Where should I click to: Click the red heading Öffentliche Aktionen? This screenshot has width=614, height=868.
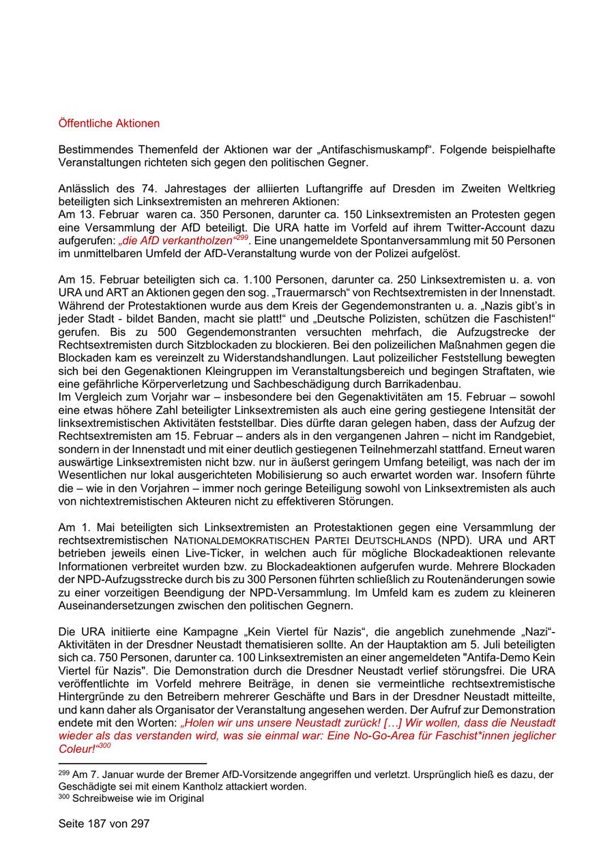click(x=109, y=123)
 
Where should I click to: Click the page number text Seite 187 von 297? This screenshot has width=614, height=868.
click(x=104, y=824)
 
